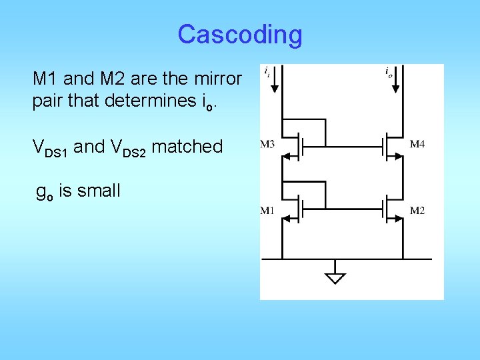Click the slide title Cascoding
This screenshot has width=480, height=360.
tap(240, 34)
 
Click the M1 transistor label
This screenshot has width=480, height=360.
tap(267, 211)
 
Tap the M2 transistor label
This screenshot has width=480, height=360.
tap(417, 211)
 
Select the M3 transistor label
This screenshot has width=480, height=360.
tap(267, 144)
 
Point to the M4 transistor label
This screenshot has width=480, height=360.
tap(417, 144)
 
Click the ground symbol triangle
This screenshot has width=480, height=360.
tap(336, 277)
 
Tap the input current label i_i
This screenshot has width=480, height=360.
tap(267, 70)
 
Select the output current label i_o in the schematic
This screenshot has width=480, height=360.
tap(389, 71)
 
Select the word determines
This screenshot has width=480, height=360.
tap(139, 103)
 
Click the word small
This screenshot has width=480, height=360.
tap(99, 191)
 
